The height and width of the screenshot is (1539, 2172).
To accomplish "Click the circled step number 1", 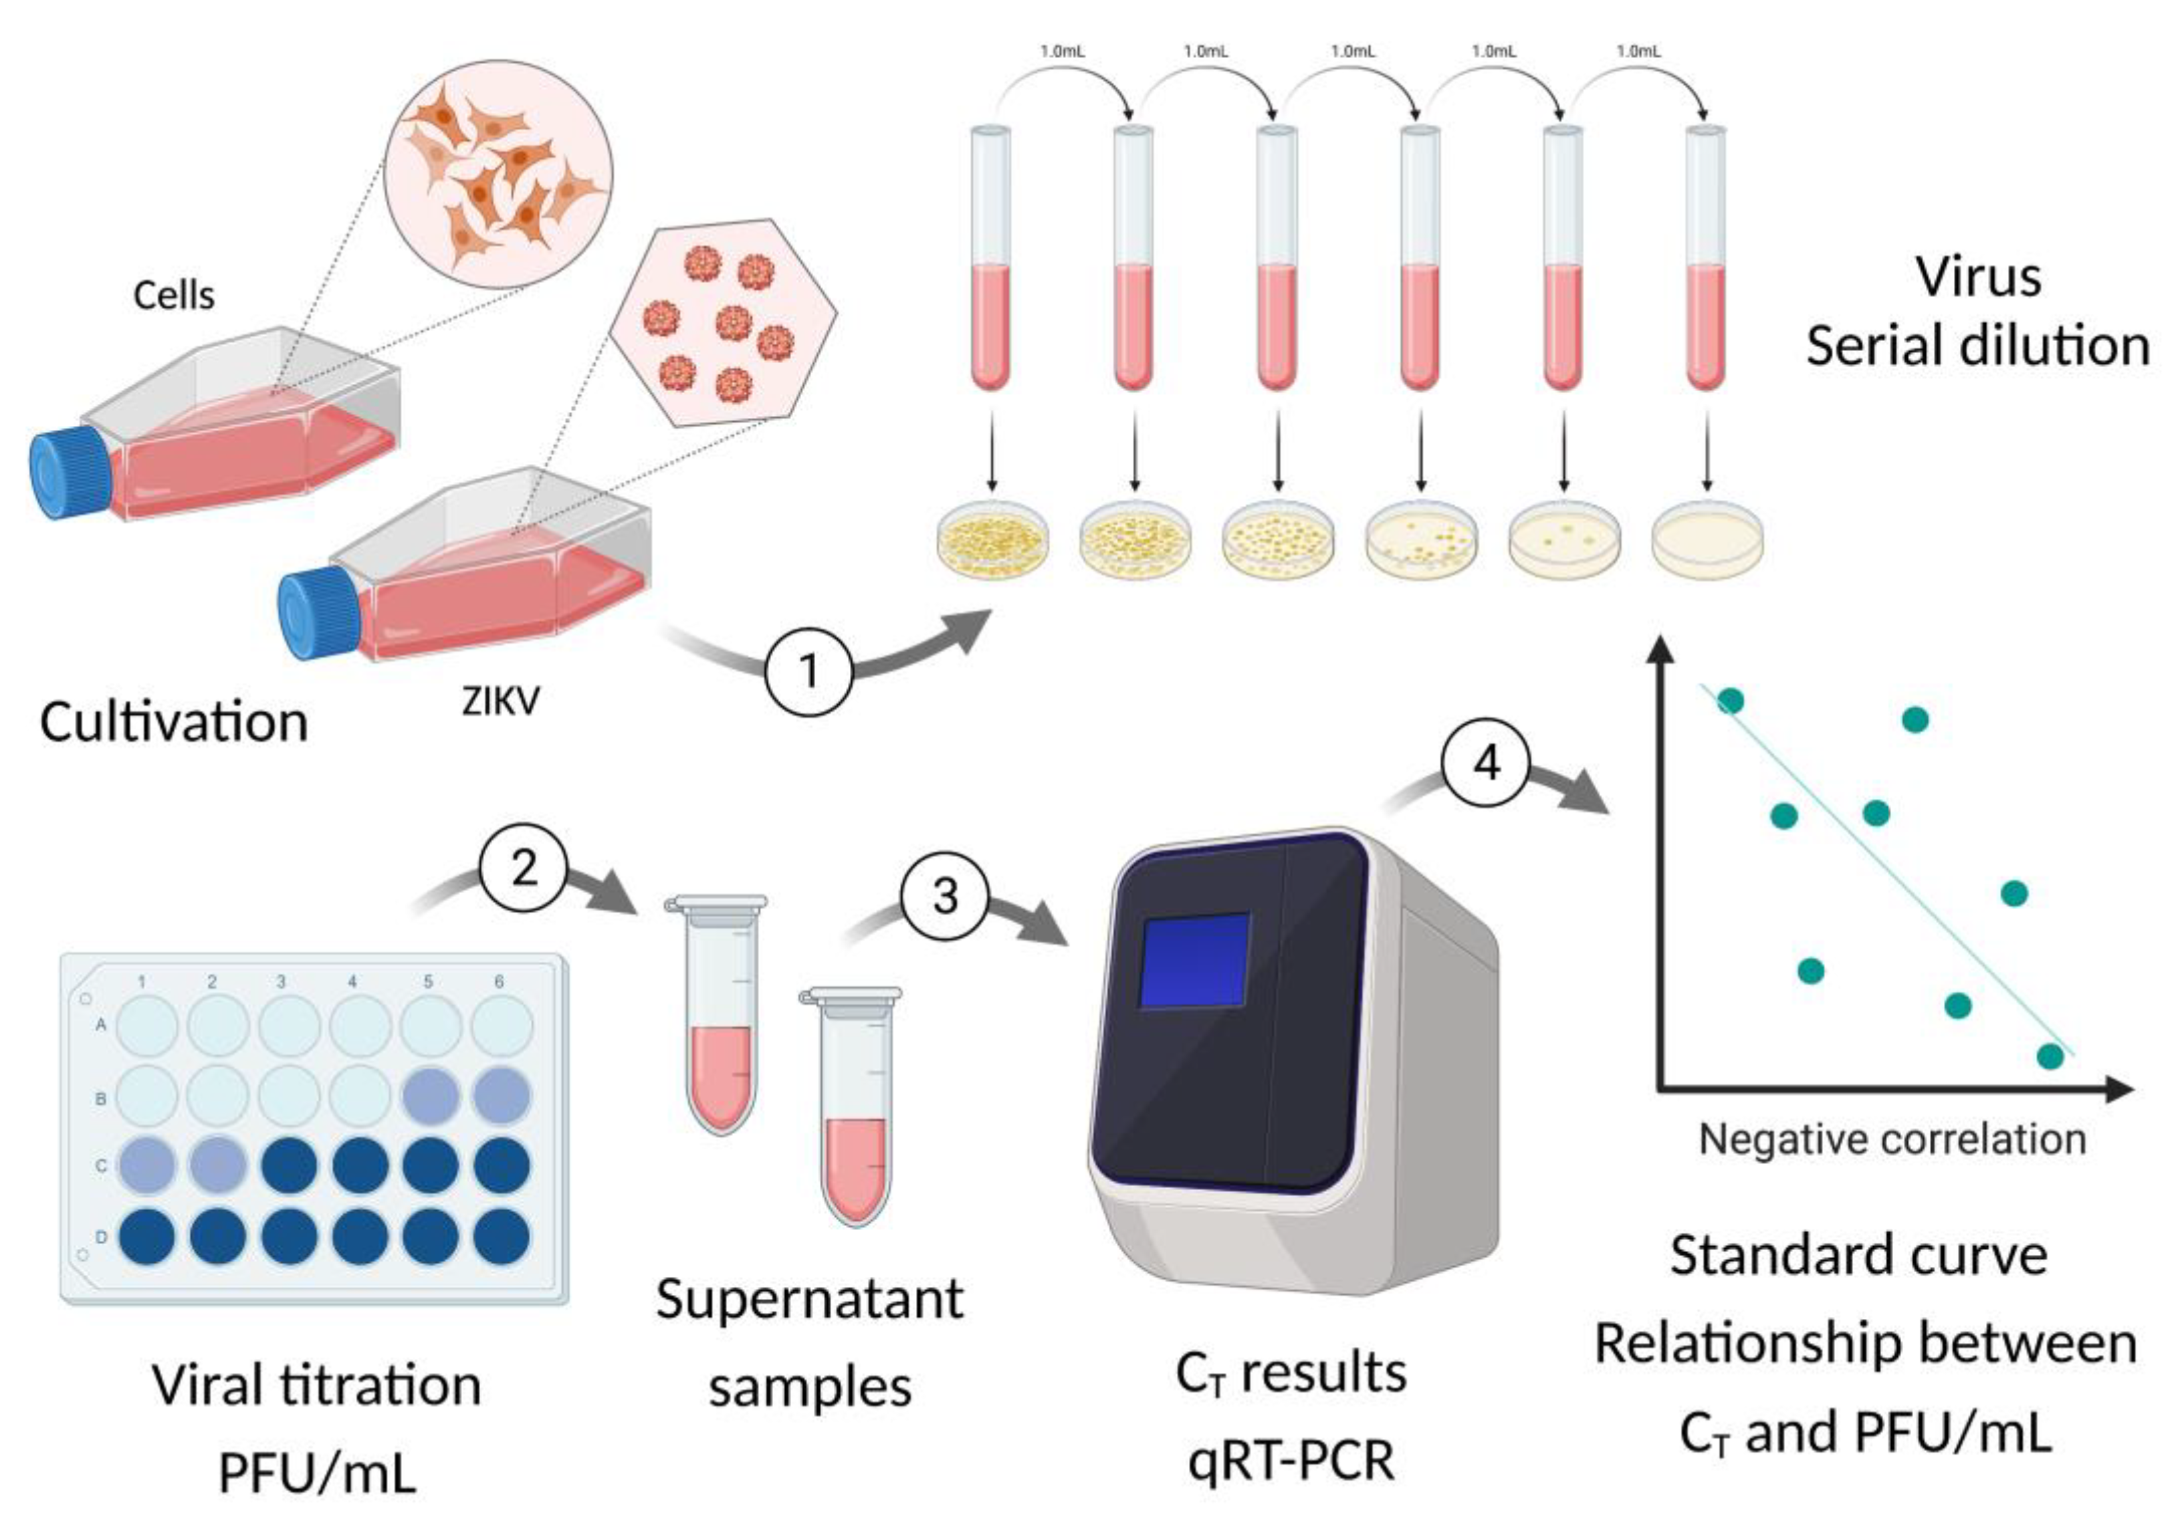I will coord(808,670).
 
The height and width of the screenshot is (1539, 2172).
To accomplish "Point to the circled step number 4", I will coord(1486,762).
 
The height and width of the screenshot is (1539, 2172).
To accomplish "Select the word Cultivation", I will coord(175,722).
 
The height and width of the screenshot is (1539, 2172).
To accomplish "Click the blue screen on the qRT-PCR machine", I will coord(1194,961).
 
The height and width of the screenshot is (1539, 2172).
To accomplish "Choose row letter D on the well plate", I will coord(100,1237).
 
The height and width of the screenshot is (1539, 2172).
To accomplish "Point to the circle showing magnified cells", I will coord(498,173).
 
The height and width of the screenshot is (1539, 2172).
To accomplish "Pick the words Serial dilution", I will coord(1977,346).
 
